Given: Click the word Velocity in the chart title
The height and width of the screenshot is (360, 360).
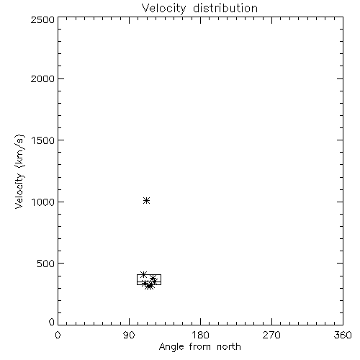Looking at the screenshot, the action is pos(163,9).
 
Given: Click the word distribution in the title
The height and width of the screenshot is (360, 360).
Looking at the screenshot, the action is pos(225,8).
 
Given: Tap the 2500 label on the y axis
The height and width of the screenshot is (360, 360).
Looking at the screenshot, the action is pos(42,19).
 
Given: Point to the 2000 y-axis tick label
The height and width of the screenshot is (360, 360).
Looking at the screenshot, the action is pos(42,78).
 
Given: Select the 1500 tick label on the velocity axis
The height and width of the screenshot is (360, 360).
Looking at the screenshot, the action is pos(43,140).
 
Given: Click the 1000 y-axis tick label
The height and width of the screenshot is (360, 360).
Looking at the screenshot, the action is pos(43,202).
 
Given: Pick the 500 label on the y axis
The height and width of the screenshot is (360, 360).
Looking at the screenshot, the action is pos(46,264).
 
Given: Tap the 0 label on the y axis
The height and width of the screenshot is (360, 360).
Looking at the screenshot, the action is pos(52,322).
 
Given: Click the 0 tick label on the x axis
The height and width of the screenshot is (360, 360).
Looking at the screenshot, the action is pos(58,335).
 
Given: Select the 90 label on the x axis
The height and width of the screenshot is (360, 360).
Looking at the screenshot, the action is pos(129,335).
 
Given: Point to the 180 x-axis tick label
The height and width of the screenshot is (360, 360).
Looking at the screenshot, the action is pos(200,335).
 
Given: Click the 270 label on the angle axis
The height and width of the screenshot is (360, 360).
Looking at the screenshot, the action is pos(271,335).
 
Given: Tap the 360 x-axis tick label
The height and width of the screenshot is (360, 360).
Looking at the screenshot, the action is pos(343,335).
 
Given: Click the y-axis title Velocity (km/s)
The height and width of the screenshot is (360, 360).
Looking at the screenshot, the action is pos(19,171).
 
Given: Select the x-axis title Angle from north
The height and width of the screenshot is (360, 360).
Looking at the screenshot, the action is pos(200,347).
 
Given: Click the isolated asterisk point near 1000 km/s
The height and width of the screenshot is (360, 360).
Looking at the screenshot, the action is pos(146,200).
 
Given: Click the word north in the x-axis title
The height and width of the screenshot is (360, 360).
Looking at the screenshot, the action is pos(229,347).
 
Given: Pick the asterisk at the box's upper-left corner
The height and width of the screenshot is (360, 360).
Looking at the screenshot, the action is pos(143,274).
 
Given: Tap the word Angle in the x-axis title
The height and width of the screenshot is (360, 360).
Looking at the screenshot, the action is pos(171,347).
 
